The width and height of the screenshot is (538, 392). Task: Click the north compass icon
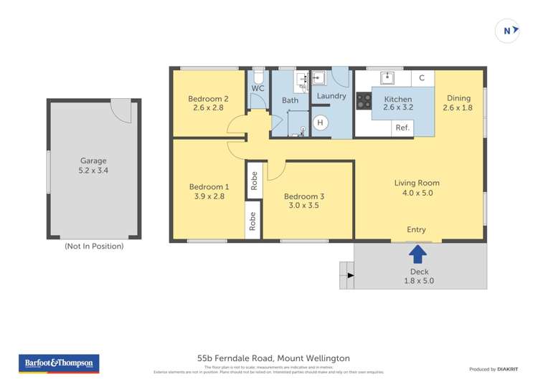508,31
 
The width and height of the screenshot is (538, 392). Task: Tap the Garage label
93,161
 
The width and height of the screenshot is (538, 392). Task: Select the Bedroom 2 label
208,99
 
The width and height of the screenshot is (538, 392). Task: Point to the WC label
258,88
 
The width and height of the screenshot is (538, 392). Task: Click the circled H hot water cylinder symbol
321,123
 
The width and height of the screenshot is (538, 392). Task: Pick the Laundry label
331,95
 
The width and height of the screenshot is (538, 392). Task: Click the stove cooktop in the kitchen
364,101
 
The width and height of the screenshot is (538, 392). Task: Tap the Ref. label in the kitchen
402,128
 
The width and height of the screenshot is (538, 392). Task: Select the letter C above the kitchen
422,78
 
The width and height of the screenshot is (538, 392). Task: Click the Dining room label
458,99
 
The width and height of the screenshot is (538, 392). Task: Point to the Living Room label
417,183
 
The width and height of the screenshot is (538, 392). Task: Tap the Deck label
419,272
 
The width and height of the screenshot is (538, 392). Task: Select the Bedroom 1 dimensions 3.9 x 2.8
209,196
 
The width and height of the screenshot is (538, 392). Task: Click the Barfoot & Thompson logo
59,363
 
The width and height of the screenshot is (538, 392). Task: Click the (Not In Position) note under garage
94,246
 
